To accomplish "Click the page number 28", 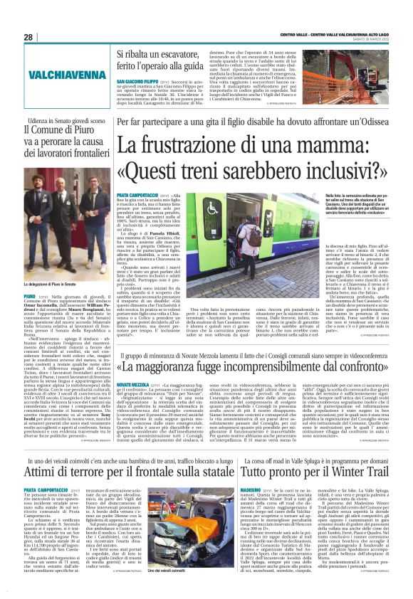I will [28, 37].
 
